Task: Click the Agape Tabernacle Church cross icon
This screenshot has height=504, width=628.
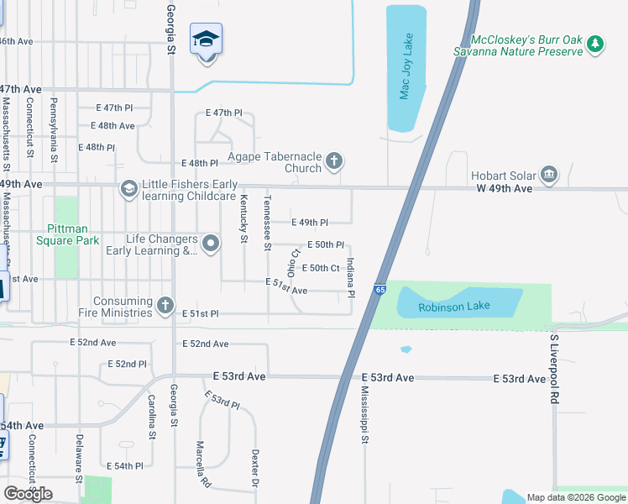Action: pyautogui.click(x=334, y=161)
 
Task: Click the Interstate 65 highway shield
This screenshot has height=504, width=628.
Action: pyautogui.click(x=380, y=289)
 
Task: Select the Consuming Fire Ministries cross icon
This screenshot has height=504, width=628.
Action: pyautogui.click(x=165, y=304)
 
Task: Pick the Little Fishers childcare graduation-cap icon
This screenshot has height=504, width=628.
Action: pyautogui.click(x=128, y=188)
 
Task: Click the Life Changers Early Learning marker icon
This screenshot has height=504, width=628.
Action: pyautogui.click(x=210, y=244)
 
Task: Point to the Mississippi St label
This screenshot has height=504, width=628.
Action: pyautogui.click(x=365, y=415)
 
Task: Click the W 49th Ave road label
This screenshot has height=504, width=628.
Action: pyautogui.click(x=501, y=189)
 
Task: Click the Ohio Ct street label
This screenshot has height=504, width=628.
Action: pyautogui.click(x=293, y=263)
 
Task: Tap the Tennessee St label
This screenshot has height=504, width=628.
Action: pyautogui.click(x=268, y=223)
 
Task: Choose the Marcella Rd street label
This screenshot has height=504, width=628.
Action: pyautogui.click(x=201, y=465)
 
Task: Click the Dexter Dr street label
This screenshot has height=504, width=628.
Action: pyautogui.click(x=254, y=468)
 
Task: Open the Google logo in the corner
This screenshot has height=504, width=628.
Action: pyautogui.click(x=28, y=494)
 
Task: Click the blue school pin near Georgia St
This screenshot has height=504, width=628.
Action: pyautogui.click(x=207, y=41)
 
